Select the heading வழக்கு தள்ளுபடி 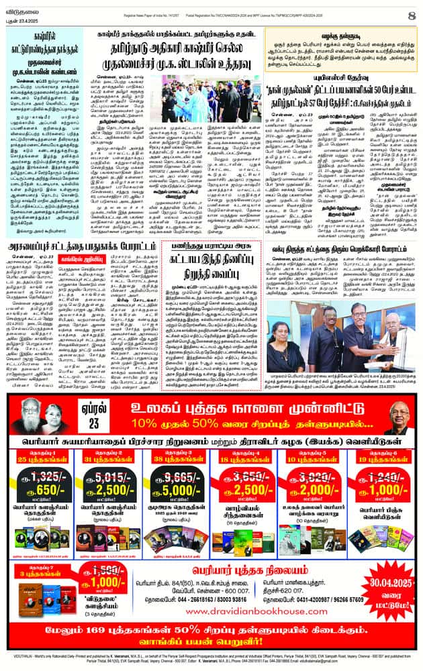click(x=332, y=32)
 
